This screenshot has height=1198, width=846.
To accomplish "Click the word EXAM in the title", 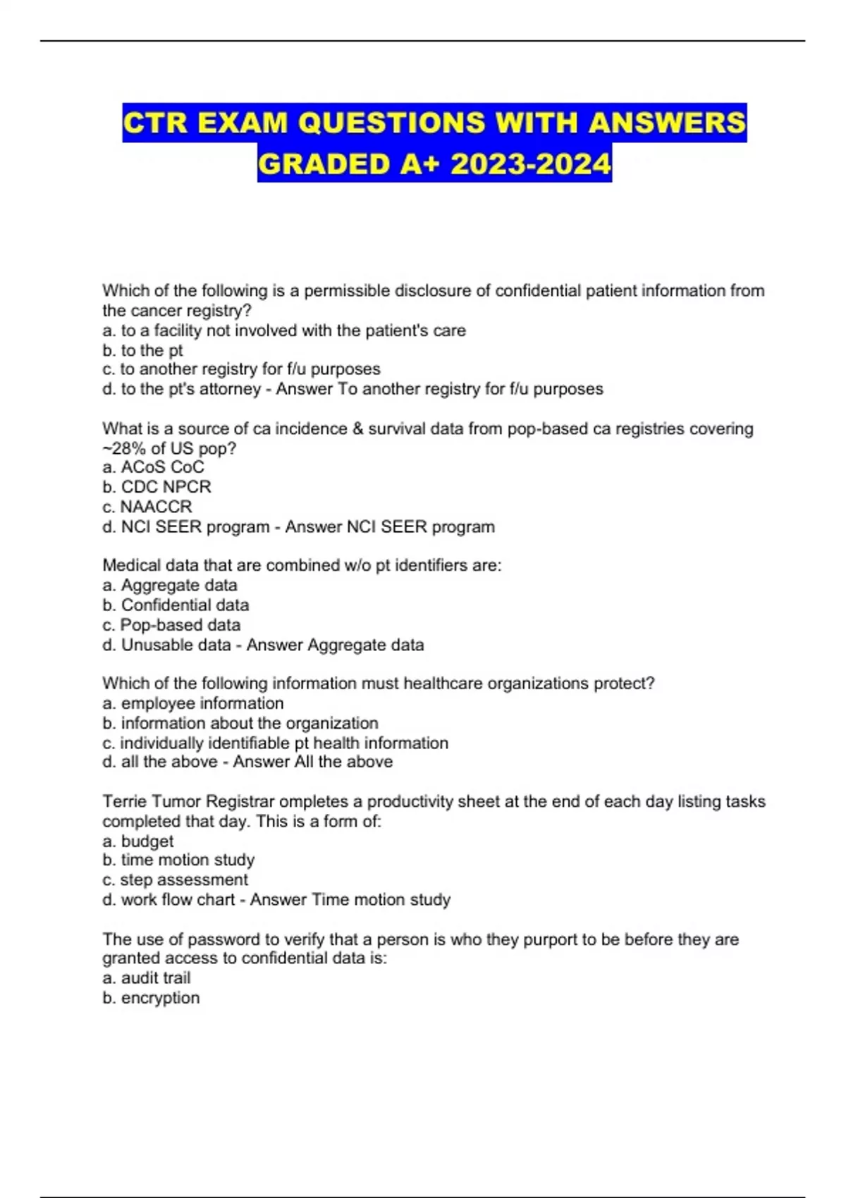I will click(x=240, y=123).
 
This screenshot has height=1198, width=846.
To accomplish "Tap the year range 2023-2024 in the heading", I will click(x=530, y=164).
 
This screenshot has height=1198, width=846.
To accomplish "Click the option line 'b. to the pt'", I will click(x=142, y=350).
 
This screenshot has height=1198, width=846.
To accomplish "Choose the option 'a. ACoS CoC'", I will click(x=153, y=467).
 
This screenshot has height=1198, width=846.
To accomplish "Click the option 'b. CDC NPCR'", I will click(x=157, y=487).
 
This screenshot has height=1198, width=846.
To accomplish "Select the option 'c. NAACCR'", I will click(x=147, y=507).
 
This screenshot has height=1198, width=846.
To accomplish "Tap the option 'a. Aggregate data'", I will click(x=169, y=585).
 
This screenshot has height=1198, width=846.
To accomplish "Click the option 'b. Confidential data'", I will click(x=176, y=605).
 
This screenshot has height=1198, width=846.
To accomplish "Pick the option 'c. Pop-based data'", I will click(x=171, y=624).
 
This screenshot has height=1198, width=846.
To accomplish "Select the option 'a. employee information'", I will click(x=192, y=703).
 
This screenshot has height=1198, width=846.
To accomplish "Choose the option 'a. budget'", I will click(x=137, y=841).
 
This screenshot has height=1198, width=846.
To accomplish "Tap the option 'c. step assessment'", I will click(x=175, y=879).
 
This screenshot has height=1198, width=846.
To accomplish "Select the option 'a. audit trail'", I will click(x=146, y=978).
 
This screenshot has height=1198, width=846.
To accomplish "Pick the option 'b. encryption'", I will click(x=151, y=998).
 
